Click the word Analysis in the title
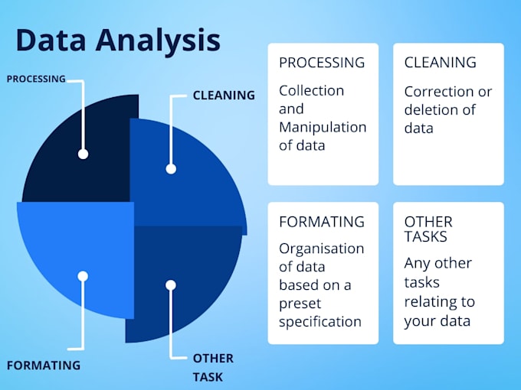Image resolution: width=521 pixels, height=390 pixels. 156,40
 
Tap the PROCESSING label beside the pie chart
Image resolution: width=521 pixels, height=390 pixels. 36,79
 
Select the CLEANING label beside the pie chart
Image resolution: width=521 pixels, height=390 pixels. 224,96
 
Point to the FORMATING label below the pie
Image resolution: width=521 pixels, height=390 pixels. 43,365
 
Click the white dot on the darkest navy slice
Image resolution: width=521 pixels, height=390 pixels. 83,154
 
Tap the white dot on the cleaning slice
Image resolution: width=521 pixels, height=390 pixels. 171,168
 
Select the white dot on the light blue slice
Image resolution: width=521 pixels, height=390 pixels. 83,275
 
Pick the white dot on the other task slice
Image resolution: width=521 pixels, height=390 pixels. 171,284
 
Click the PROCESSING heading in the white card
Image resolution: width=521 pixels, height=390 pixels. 321,63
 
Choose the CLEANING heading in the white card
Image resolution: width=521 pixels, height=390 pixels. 440,63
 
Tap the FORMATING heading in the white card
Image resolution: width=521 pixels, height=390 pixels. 321,222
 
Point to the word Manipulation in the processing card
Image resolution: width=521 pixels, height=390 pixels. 323,127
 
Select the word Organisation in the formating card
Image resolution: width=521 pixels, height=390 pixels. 321,249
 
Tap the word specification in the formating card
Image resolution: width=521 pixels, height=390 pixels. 319,322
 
